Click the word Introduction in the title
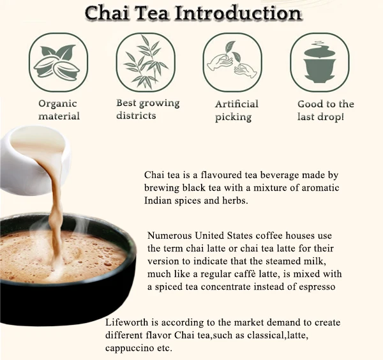pyautogui.click(x=237, y=12)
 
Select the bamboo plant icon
pyautogui.click(x=146, y=62)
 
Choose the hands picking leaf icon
pyautogui.click(x=232, y=62)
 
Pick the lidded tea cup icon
pyautogui.click(x=320, y=62)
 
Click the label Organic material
pyautogui.click(x=59, y=110)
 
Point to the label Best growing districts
pyautogui.click(x=147, y=109)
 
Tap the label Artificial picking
pyautogui.click(x=236, y=110)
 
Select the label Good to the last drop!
pyautogui.click(x=326, y=110)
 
